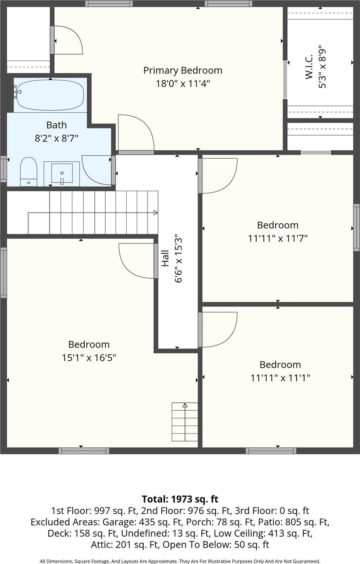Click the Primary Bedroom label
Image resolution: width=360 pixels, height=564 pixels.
tap(183, 70)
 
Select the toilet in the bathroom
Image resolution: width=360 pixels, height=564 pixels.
tap(28, 172)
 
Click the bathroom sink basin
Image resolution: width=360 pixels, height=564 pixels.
tap(62, 173)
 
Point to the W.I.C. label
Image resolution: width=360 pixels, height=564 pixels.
tap(309, 67)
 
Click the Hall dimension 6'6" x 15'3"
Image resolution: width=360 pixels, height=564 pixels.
tap(178, 259)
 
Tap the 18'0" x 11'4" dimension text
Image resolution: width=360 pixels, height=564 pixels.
tap(183, 84)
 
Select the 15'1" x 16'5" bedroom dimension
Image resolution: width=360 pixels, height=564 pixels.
tap(89, 358)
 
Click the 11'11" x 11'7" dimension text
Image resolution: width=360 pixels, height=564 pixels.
tap(278, 238)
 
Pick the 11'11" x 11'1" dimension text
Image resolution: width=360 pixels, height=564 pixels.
tap(280, 378)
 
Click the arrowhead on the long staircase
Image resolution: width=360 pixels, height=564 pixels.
tap(156, 213)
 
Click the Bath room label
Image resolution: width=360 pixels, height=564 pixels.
tap(57, 125)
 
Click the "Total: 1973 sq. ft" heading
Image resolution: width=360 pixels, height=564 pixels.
tap(180, 499)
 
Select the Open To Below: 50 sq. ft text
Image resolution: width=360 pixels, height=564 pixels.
tap(216, 545)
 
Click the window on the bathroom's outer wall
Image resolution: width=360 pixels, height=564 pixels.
tap(3, 169)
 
